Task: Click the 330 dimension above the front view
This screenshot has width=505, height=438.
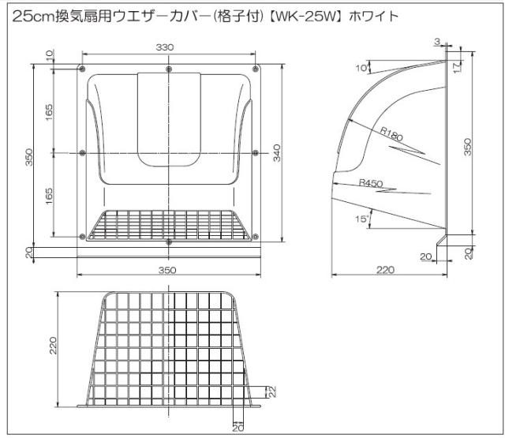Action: point(165,48)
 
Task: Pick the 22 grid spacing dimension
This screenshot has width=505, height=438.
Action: point(271,391)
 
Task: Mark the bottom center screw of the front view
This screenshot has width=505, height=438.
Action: point(170,241)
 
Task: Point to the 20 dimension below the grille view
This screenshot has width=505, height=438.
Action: point(238,428)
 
